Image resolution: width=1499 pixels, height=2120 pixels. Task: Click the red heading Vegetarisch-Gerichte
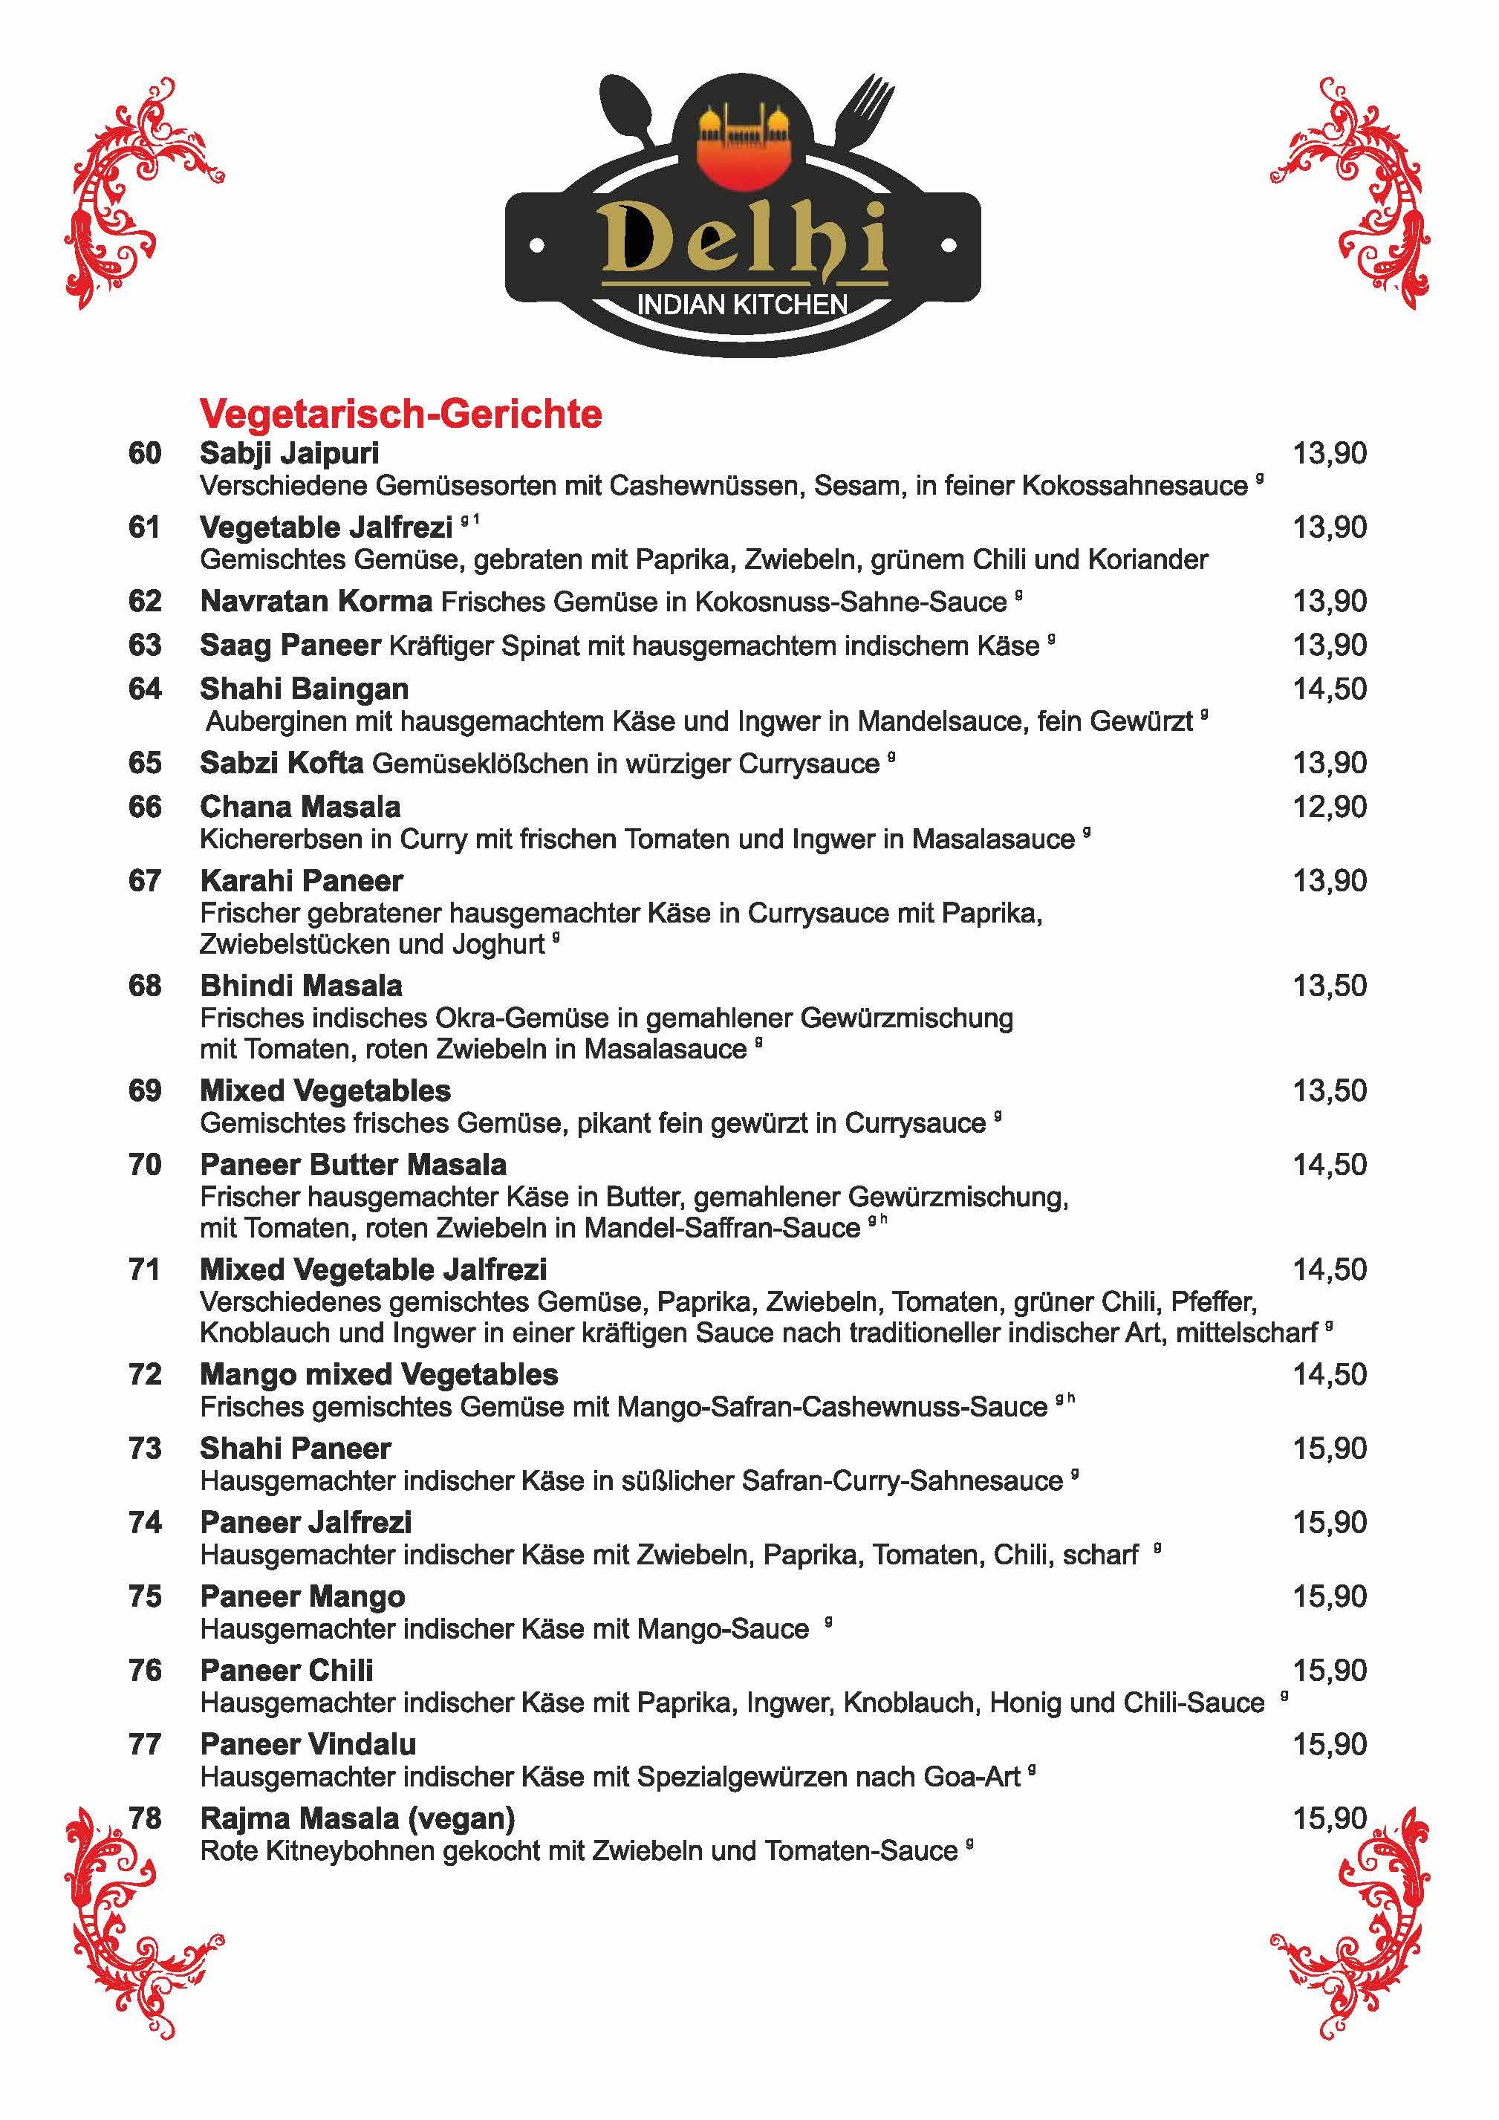click(401, 414)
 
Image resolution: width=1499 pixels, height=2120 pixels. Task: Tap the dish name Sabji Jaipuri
click(289, 453)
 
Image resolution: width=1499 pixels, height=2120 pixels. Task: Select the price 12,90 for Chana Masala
click(1329, 807)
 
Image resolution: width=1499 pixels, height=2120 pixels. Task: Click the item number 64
click(145, 689)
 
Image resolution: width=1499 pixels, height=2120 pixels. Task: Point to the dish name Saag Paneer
click(290, 646)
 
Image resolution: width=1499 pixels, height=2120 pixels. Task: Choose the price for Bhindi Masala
click(1329, 986)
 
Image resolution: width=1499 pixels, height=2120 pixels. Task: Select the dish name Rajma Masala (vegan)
click(357, 1819)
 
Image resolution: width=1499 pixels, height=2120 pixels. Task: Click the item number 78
click(145, 1819)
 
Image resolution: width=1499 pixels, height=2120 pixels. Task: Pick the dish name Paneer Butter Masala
click(353, 1165)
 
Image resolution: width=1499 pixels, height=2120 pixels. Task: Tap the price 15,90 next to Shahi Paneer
click(1329, 1448)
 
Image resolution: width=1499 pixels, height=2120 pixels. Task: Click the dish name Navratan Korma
click(316, 602)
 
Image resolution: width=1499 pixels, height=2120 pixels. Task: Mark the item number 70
click(145, 1165)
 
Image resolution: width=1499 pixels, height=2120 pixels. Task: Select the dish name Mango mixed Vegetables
click(379, 1375)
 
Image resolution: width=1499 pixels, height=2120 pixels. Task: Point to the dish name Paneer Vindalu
click(308, 1745)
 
